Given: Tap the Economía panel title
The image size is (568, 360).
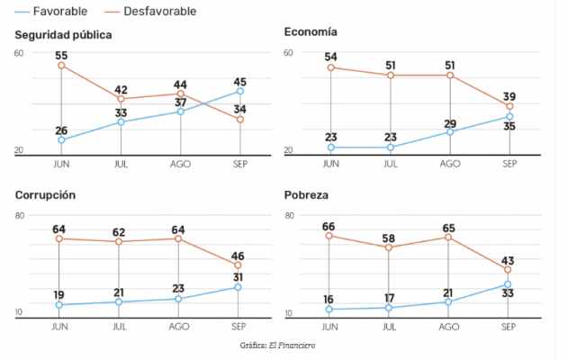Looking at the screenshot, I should click(x=311, y=32).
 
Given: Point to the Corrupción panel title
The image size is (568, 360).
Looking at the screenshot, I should click(x=44, y=195).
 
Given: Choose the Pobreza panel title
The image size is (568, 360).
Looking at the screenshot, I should click(x=306, y=195).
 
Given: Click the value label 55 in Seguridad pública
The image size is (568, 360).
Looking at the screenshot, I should click(x=61, y=55).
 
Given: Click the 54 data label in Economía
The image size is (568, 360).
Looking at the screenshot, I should click(x=330, y=57).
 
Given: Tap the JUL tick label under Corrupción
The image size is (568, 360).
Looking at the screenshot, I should click(x=120, y=325).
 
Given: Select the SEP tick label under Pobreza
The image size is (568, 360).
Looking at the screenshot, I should click(x=509, y=325).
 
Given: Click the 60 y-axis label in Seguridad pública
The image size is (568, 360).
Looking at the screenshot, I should click(x=19, y=53).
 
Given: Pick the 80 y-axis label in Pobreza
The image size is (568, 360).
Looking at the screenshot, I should click(x=289, y=216).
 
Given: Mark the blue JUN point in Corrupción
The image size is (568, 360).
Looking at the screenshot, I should click(x=59, y=305).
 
